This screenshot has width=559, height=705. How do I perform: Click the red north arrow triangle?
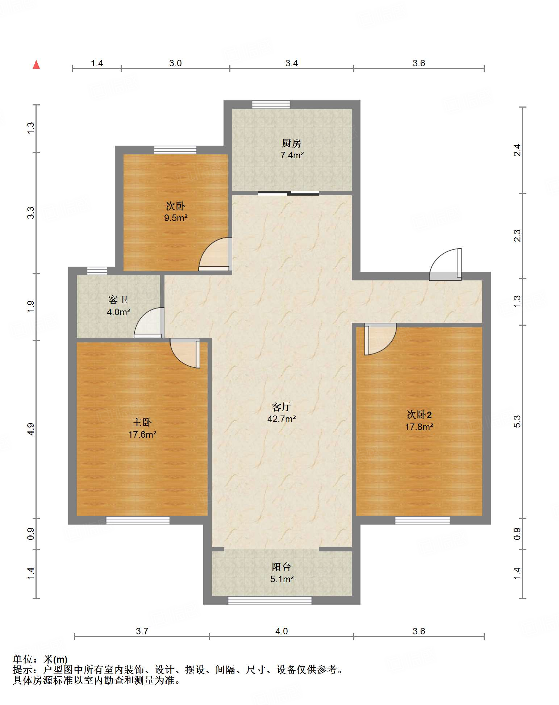click(36, 64)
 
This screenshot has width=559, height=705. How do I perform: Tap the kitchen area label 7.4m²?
click(292, 155)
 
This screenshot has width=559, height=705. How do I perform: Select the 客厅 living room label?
click(281, 407)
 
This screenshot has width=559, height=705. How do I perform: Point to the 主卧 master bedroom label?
click(142, 422)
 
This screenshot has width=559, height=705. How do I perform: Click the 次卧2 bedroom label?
click(419, 414)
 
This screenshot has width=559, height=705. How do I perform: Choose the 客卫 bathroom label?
click(118, 300)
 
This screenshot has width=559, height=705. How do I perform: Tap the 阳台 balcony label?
click(281, 567)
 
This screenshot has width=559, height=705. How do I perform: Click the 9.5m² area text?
click(176, 218)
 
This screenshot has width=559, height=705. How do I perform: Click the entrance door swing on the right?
click(445, 264)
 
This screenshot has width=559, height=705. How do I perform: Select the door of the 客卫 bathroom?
click(149, 323)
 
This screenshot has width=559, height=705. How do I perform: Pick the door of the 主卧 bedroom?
click(185, 353)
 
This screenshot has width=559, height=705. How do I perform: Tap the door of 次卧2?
click(380, 339)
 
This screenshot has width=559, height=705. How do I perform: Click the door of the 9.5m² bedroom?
click(215, 254)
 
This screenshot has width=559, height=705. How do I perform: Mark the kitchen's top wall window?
click(271, 105)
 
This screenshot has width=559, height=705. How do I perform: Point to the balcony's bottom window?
click(270, 601)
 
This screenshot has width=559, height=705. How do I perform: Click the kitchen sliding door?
click(288, 193)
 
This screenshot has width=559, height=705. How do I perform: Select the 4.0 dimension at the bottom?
click(281, 631)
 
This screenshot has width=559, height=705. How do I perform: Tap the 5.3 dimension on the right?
click(517, 421)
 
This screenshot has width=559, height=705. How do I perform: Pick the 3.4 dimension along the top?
click(292, 63)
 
